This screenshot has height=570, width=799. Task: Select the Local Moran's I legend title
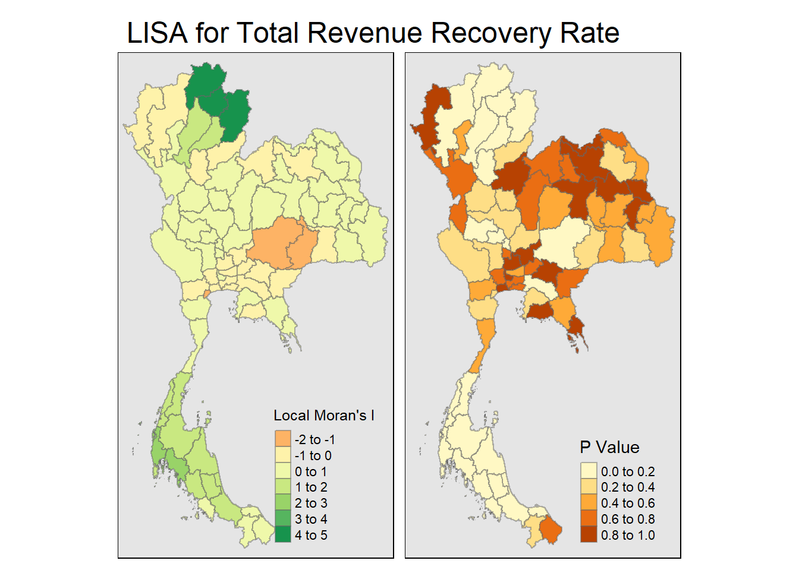[324, 416]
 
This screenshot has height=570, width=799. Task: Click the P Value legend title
[609, 447]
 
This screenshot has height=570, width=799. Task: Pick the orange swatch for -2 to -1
[283, 439]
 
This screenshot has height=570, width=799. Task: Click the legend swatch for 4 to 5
[283, 535]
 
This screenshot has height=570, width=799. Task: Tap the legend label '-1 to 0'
[313, 455]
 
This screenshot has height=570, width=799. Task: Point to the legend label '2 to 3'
[311, 503]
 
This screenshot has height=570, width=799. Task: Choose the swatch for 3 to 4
[283, 519]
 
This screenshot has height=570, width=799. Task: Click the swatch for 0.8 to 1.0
[589, 535]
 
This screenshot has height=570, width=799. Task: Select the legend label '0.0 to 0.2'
[628, 471]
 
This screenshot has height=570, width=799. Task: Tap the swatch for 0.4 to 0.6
[589, 503]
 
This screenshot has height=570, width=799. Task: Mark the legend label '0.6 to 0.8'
[628, 519]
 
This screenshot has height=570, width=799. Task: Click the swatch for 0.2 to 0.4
[589, 487]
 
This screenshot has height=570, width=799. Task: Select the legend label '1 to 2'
[311, 487]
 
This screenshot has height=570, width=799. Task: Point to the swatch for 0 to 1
[283, 471]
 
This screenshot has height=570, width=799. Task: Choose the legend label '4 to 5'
[311, 535]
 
